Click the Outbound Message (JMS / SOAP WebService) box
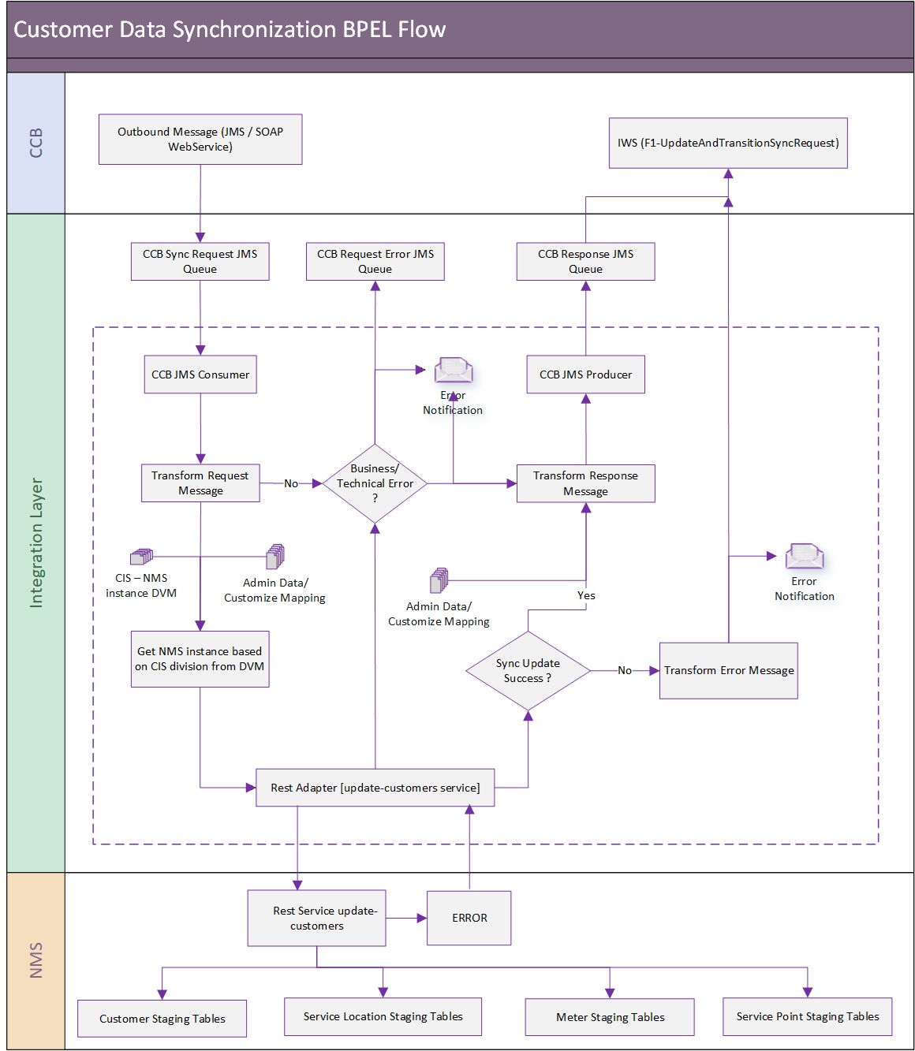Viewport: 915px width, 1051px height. coord(200,140)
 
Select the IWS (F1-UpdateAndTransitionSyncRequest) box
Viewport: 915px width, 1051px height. coord(727,143)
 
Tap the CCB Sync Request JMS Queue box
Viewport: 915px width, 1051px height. coord(200,261)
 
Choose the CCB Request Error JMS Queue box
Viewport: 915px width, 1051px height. coord(375,261)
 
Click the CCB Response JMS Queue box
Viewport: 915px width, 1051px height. coord(585,261)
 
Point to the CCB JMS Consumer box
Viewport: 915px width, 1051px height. coord(200,374)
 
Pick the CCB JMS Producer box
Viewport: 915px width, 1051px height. coord(585,374)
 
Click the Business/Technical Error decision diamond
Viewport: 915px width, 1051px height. coord(375,483)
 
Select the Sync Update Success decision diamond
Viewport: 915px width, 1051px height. coord(528,670)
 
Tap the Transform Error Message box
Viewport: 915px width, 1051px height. coord(728,670)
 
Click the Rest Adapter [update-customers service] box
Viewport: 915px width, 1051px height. coord(375,788)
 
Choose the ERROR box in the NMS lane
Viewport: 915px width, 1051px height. coord(469,918)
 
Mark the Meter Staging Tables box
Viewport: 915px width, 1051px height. coord(609,1017)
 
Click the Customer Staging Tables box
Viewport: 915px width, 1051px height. coord(162,1019)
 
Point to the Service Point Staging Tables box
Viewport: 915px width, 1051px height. coord(807,1016)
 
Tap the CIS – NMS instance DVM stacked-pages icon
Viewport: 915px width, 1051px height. coord(141,557)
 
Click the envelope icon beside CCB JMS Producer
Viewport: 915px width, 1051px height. coord(453,370)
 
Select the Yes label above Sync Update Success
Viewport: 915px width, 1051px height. coord(586,595)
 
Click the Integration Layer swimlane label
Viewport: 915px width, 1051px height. coord(36,543)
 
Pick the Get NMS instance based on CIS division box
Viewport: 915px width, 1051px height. coord(200,659)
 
